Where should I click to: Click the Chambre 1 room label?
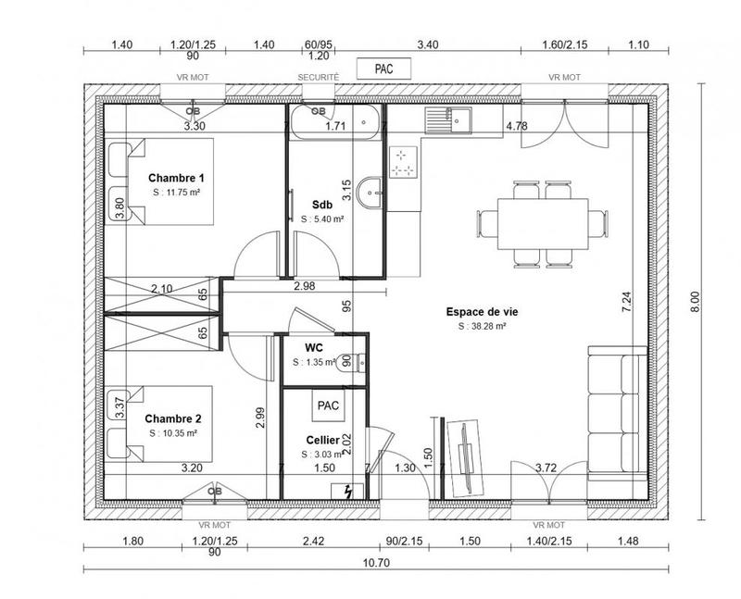(x=175, y=177)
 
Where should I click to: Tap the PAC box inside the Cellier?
(x=328, y=406)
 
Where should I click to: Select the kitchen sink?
(x=451, y=119)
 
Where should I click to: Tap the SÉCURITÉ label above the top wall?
(x=318, y=77)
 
